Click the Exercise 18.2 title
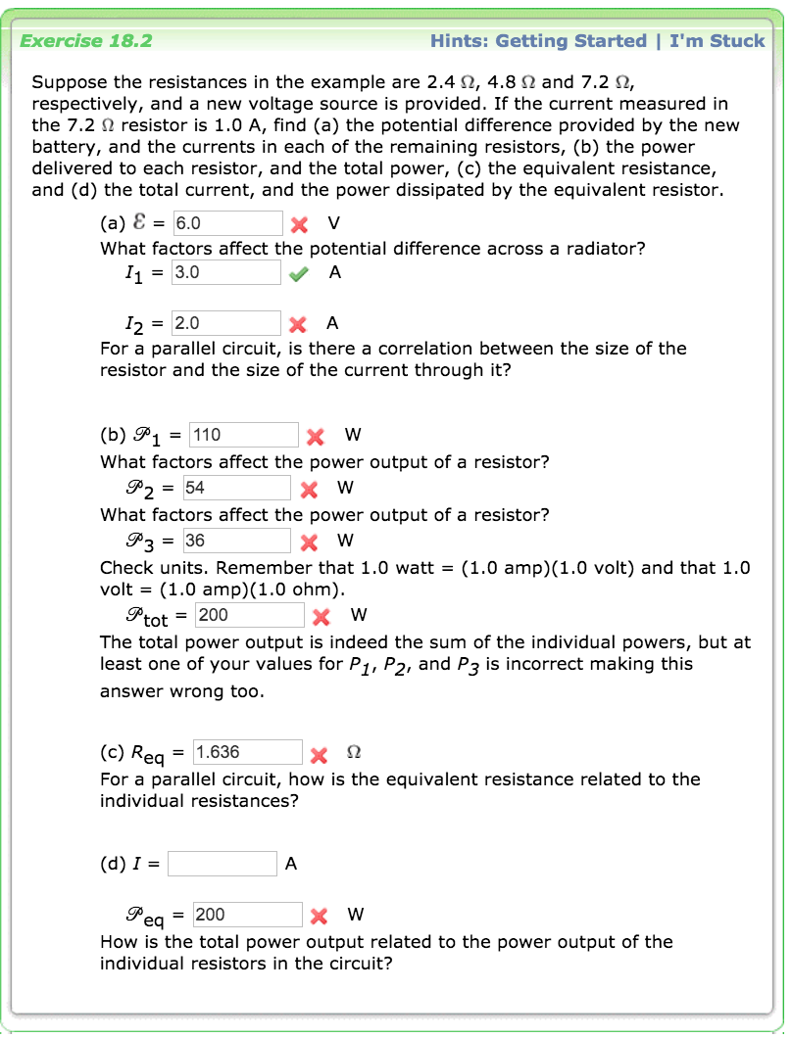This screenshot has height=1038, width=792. tap(86, 41)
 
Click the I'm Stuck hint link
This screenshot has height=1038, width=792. tap(717, 41)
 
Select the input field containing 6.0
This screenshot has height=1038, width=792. tap(228, 222)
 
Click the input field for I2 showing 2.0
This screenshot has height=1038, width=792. tap(226, 323)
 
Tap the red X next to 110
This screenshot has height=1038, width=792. tap(315, 436)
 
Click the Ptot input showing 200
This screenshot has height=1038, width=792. tap(250, 615)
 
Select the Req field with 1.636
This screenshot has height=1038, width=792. tap(248, 752)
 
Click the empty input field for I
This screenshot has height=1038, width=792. tap(223, 864)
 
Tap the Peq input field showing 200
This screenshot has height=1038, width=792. tap(248, 915)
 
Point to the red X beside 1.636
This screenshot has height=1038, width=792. tap(318, 754)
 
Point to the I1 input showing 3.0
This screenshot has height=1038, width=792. tap(226, 272)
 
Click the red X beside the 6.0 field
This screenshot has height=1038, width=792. tap(299, 223)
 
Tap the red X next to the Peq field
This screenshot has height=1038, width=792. tap(318, 917)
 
